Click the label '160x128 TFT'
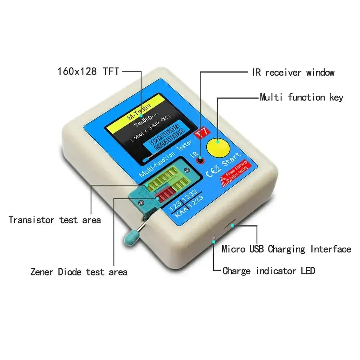(x=88, y=71)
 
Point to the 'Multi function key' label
(x=301, y=98)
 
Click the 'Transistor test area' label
(x=55, y=220)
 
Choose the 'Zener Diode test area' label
(x=79, y=272)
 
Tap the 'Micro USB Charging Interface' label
(x=286, y=249)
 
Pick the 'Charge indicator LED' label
(x=269, y=271)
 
